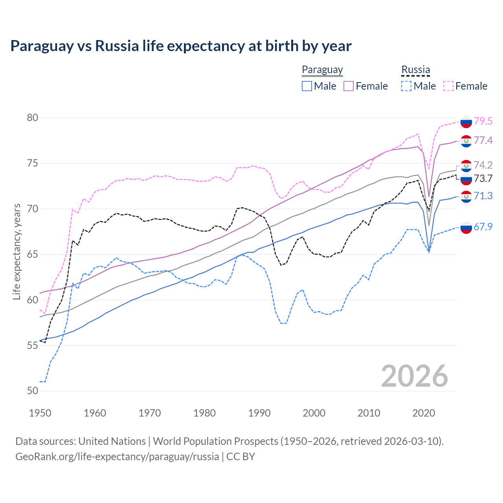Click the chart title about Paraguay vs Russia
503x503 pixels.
(181, 46)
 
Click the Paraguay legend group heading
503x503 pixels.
(322, 70)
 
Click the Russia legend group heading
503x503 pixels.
(415, 70)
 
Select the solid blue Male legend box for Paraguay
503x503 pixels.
(307, 86)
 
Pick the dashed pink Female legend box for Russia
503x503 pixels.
(448, 86)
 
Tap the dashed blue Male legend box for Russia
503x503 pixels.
(406, 86)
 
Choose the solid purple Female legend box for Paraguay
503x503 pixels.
(349, 86)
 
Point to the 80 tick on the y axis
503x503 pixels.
(33, 118)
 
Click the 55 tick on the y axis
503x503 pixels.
(33, 345)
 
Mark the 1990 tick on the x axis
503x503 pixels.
(259, 413)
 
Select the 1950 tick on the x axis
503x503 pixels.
(40, 413)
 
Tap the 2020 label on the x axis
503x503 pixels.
(424, 413)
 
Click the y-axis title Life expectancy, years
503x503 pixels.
(17, 251)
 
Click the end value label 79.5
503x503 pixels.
(483, 121)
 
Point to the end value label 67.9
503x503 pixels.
(483, 227)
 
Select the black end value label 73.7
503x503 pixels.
(483, 178)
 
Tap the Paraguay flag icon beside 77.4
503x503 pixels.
(466, 141)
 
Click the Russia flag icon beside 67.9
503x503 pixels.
(466, 227)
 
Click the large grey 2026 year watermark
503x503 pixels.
(414, 376)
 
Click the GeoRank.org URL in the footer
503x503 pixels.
(117, 457)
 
